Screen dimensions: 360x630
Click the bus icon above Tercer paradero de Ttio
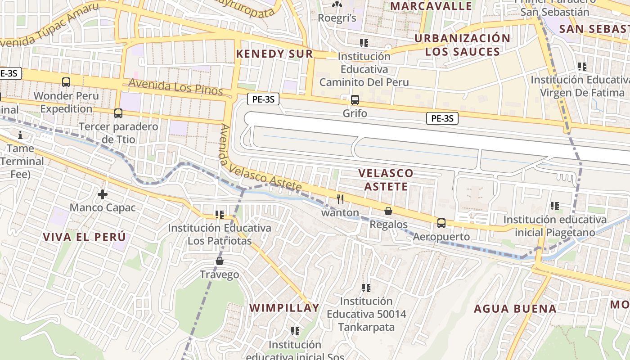118,113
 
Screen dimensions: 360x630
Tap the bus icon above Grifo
355,100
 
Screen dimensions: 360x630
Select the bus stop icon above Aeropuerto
441,223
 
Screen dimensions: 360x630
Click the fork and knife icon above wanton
340,199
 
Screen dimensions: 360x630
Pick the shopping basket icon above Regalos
388,211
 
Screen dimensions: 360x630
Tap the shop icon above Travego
220,261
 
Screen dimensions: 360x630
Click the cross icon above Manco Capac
103,194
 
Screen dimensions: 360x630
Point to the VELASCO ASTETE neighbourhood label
386,180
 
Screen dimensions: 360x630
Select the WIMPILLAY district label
284,308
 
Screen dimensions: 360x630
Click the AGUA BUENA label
515,309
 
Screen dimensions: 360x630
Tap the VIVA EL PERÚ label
84,237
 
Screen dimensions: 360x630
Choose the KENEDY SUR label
274,54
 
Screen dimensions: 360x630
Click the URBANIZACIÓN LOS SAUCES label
463,45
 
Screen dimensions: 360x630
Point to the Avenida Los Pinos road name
175,87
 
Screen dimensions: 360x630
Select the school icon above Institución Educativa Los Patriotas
220,214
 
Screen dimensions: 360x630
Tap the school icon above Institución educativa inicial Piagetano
555,206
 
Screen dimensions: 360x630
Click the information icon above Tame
20,135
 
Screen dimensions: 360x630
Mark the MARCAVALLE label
431,6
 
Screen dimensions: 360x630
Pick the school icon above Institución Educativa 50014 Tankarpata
366,288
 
